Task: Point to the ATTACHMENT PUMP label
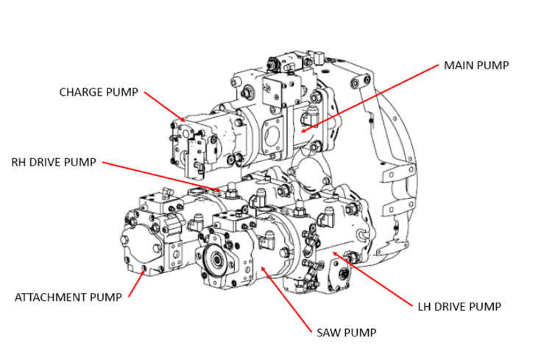pos(68,297)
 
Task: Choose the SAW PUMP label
pos(346,332)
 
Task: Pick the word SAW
pos(330,332)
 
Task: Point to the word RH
pos(18,162)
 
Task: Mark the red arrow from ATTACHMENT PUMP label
pos(137,283)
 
